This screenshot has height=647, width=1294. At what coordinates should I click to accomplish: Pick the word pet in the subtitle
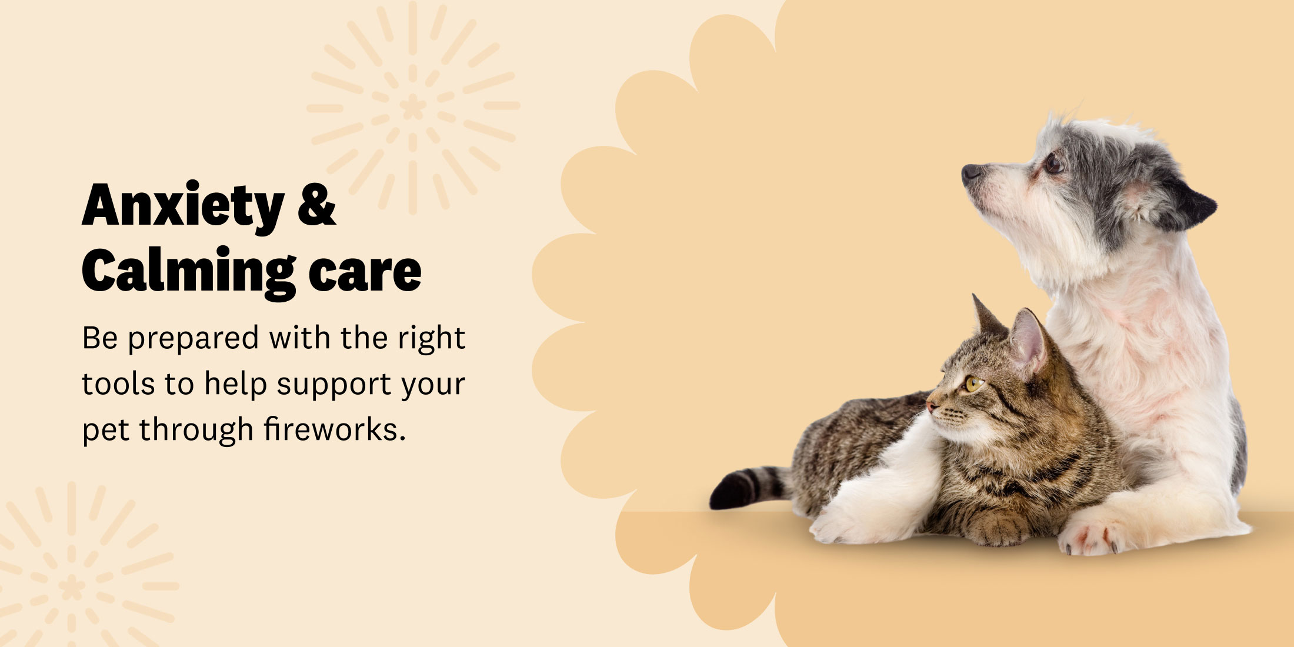[105, 431]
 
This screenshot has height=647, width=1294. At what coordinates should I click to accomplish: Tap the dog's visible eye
[1052, 163]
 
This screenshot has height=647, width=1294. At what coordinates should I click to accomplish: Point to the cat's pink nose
[931, 406]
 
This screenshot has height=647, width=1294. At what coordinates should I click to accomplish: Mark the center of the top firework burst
[413, 107]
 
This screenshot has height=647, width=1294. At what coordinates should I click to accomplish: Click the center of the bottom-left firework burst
[71, 586]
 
